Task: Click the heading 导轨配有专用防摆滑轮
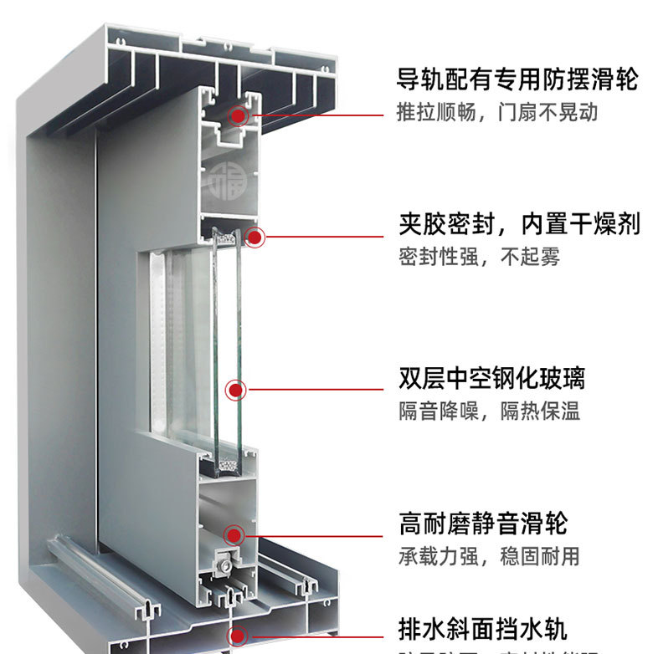pos(517,80)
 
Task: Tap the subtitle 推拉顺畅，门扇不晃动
pos(497,112)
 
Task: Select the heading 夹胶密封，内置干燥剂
pos(519,224)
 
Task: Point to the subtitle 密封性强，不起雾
pos(479,257)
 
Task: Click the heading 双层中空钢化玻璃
pos(491,378)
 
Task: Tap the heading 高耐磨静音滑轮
pos(483,524)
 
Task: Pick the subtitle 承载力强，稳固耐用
pos(489,555)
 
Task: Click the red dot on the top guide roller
pos(241,116)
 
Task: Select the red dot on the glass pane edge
pos(236,389)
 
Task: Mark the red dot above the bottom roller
pos(234,533)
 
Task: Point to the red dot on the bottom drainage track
pos(239,633)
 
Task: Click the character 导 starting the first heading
pos(408,80)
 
